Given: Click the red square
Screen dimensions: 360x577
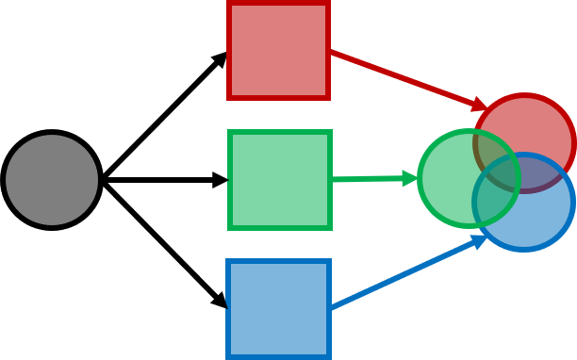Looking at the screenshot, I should tap(278, 49).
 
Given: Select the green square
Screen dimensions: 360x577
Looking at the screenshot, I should tap(280, 179).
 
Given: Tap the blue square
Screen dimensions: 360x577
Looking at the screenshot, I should tap(279, 309).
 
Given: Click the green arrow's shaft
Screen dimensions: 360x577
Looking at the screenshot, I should tap(368, 178).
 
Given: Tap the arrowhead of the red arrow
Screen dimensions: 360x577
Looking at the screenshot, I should tap(481, 105).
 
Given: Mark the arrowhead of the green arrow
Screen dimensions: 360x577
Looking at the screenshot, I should tap(410, 178).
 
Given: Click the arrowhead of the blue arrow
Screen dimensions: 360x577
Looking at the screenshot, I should tap(479, 241).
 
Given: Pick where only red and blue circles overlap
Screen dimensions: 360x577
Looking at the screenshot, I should tap(542, 174).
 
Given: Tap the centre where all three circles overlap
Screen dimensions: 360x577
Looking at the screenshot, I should tap(500, 176).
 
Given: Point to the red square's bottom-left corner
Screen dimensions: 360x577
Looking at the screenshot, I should tap(227, 100).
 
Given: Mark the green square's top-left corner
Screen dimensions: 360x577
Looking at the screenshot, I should tap(228, 130).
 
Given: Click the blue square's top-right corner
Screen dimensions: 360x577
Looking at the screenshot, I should tap(331, 259).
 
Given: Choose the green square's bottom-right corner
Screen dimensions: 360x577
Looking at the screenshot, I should tap(332, 229).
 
